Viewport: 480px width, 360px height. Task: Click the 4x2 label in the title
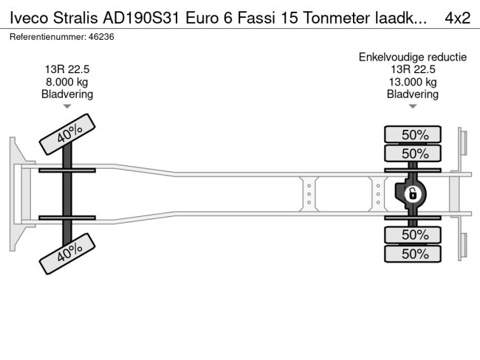tap(458, 17)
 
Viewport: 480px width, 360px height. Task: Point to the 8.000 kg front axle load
tap(67, 82)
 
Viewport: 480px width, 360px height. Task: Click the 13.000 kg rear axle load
tap(413, 82)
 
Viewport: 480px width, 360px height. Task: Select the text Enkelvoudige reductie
tap(413, 57)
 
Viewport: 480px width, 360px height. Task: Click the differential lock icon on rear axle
tap(413, 194)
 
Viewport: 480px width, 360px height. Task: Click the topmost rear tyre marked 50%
tap(414, 135)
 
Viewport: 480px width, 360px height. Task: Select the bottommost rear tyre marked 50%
tap(414, 254)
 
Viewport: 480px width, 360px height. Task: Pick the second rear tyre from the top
tap(414, 153)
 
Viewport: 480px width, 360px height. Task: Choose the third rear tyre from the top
tap(414, 235)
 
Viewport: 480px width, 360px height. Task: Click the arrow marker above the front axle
tap(67, 107)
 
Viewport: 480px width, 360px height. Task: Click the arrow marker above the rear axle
tap(413, 107)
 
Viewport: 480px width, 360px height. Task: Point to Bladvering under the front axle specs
tap(67, 94)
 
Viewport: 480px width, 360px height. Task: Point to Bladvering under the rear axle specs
tap(413, 94)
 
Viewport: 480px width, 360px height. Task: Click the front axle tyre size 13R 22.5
tap(67, 69)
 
